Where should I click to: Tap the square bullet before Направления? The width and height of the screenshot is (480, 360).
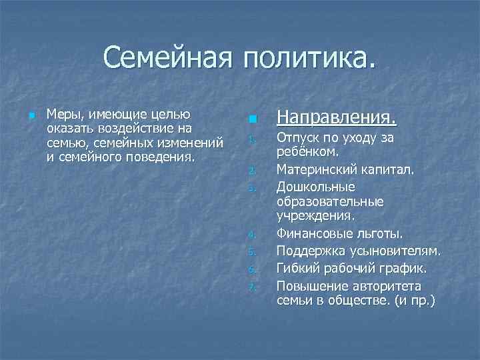[251, 119]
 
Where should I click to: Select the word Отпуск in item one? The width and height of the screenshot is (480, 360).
[299, 139]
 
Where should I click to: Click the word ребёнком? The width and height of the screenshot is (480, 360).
[304, 153]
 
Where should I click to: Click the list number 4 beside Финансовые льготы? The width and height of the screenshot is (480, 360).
[251, 235]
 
